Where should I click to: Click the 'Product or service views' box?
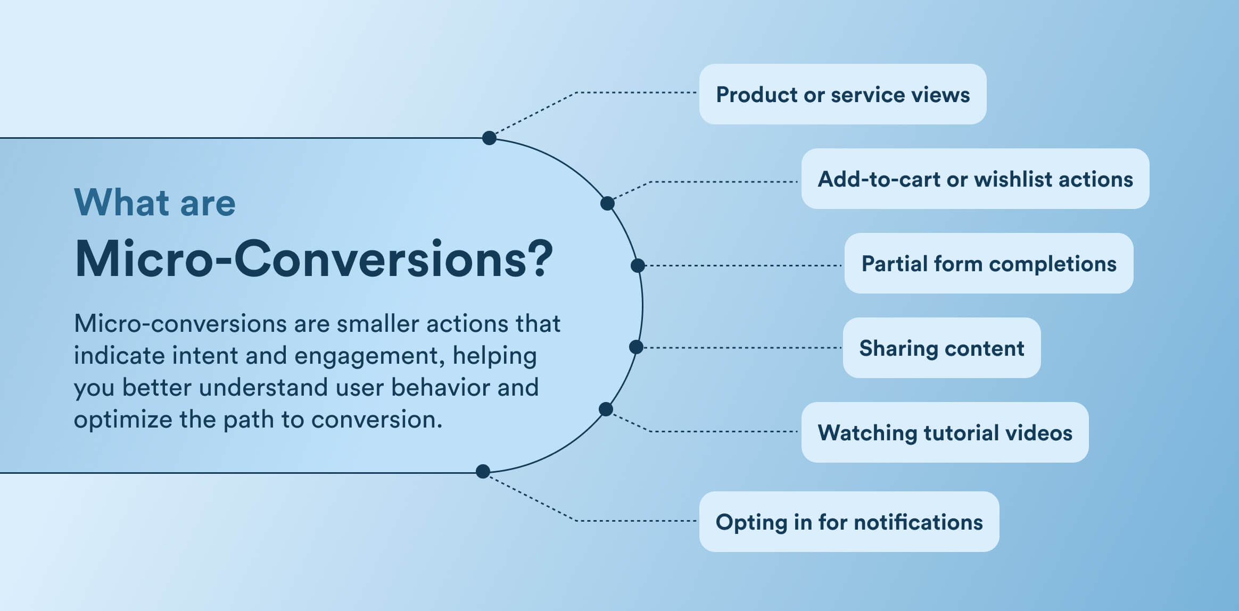(842, 94)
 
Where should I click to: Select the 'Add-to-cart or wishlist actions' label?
(975, 179)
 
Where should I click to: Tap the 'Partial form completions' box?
(988, 263)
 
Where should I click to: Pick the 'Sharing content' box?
(941, 348)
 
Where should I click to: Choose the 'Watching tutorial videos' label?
(945, 432)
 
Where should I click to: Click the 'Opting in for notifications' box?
(849, 522)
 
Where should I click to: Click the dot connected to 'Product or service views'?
(489, 138)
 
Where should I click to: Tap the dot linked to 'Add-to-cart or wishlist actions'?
(607, 203)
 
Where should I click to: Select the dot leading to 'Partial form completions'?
(638, 265)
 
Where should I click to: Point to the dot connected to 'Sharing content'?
(636, 347)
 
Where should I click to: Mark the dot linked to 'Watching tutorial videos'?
(606, 409)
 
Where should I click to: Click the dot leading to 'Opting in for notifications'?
(483, 471)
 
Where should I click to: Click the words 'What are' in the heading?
(154, 203)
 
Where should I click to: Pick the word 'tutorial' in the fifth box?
(961, 433)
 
